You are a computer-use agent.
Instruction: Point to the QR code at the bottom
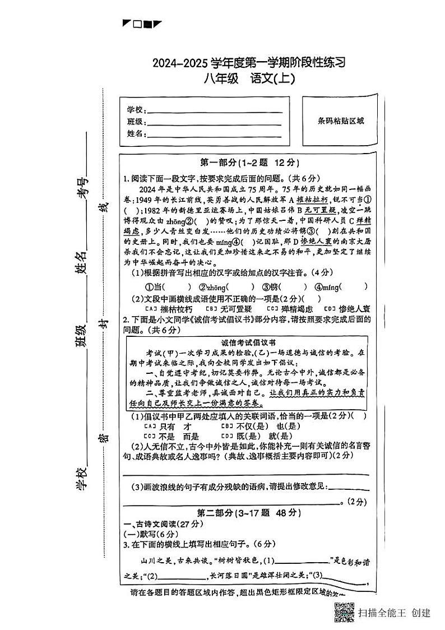tap(344, 612)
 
